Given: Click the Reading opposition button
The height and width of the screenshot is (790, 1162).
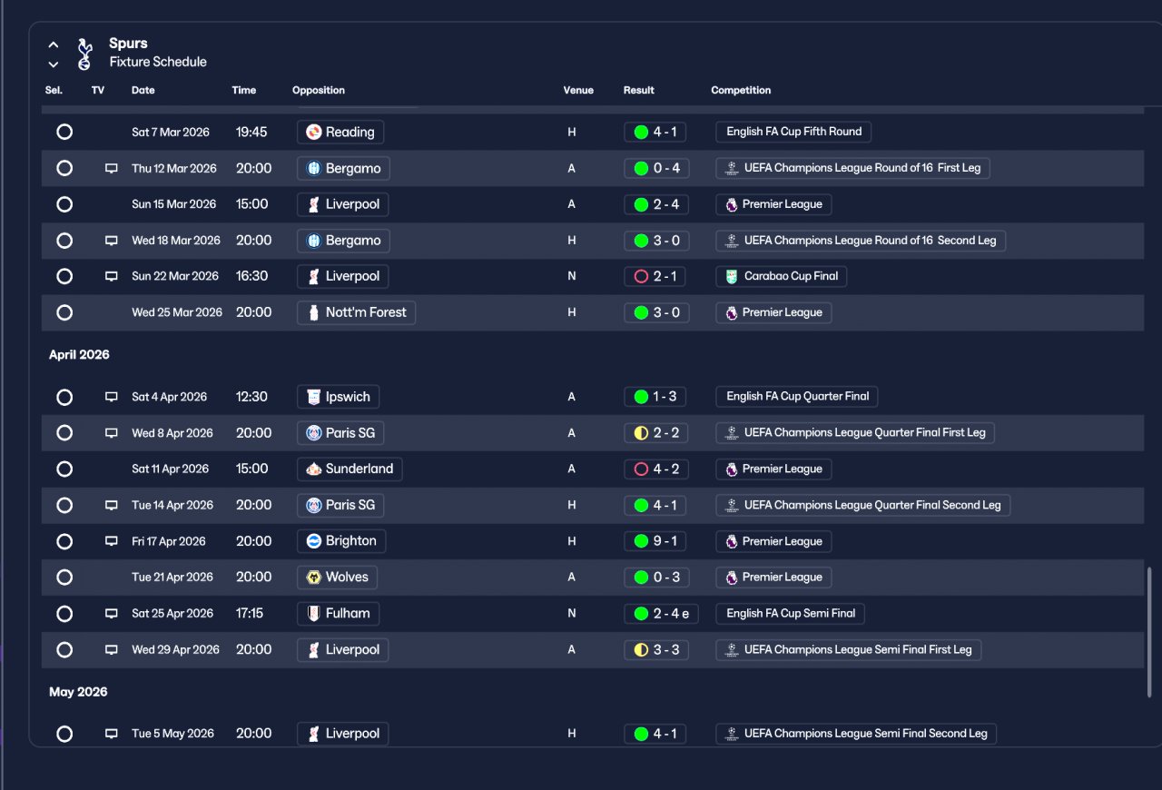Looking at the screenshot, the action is pos(340,132).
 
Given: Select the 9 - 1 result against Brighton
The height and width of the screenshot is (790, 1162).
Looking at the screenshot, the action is pos(655,541).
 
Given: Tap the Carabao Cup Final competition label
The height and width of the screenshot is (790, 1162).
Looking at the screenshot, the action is pos(782,276).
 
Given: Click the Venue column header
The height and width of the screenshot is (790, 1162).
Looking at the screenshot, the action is pos(578,90).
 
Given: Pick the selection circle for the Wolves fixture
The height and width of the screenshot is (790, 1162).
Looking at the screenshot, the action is pos(64,578).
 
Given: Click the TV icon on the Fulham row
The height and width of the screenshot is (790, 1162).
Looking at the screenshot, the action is pos(111,614).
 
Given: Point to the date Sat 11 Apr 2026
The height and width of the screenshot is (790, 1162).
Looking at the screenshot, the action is pos(170,469).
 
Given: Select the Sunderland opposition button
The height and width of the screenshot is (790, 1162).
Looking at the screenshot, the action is pos(350,469).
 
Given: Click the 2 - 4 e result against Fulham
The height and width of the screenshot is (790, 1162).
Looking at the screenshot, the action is pos(661,614).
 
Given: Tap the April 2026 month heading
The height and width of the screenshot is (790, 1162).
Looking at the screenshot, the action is pos(79,354).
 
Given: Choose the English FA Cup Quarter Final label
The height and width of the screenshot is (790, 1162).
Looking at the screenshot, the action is pos(797,397).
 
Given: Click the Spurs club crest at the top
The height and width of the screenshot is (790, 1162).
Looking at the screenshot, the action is pos(84,54).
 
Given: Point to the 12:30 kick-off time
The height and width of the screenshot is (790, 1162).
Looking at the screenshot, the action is pos(251,397).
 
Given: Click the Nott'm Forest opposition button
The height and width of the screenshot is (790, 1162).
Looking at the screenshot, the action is pos(357,312).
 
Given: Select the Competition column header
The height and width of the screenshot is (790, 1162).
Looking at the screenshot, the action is pos(741,90).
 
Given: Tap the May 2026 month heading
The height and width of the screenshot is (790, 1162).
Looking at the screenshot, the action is pos(78,692).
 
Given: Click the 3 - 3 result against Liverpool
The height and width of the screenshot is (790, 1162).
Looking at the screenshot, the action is pos(656,650).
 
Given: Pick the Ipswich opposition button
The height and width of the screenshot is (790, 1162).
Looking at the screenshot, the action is pos(339,397).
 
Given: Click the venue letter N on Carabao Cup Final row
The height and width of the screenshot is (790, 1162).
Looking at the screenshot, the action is pos(572,276).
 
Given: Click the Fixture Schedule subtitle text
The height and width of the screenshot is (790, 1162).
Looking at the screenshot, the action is pos(158,62).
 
